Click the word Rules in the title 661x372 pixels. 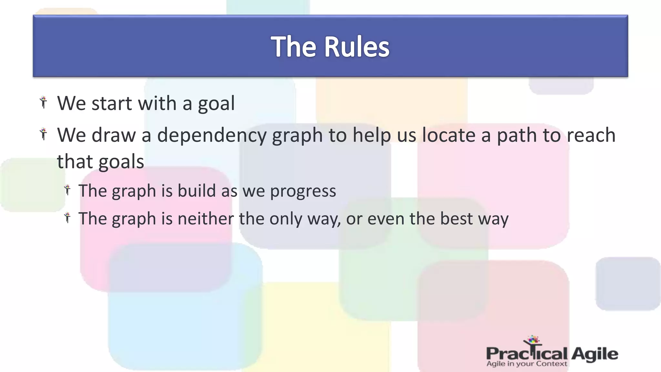coord(357,47)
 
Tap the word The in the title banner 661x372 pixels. coord(293,47)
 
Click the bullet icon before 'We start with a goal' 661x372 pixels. coord(43,102)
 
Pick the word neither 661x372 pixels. coord(206,219)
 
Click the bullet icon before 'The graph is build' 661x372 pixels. coord(67,190)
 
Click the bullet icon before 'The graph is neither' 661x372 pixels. coord(67,218)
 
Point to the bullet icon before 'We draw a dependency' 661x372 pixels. coord(43,134)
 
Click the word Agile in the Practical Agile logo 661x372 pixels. coord(595,354)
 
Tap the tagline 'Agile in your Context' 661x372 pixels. coord(526,364)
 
